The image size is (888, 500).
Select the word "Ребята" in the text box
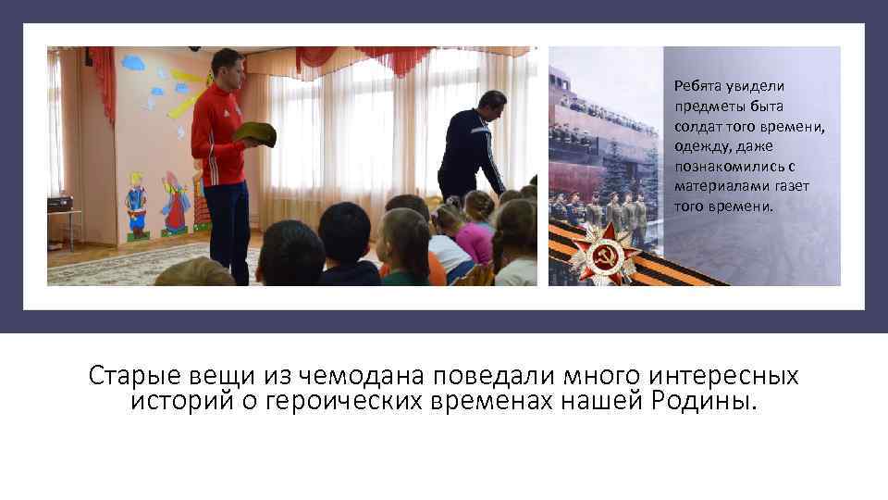tap(697, 86)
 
